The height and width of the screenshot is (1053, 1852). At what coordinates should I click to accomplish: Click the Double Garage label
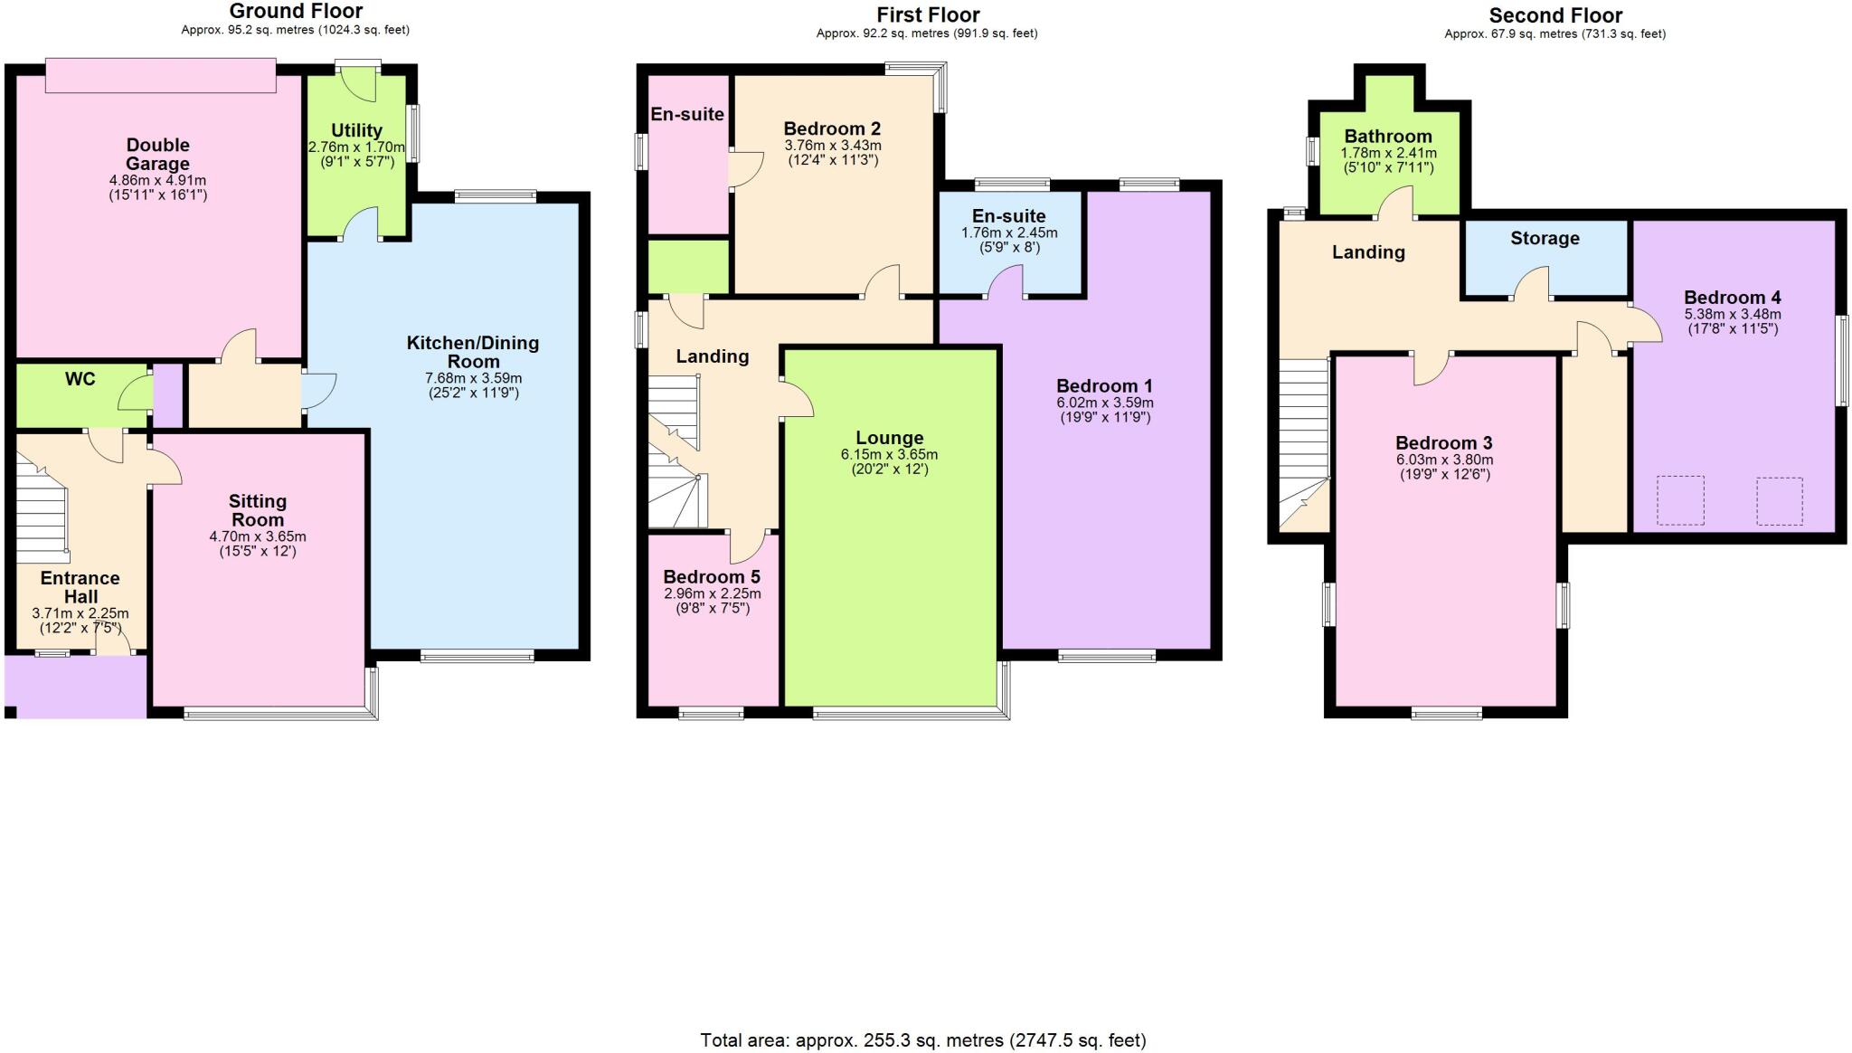tap(157, 154)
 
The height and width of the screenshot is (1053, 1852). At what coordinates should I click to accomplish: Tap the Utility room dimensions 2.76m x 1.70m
tap(356, 147)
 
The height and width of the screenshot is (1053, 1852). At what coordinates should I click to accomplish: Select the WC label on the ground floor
tap(80, 379)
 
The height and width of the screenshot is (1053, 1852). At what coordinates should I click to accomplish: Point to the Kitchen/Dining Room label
tap(472, 352)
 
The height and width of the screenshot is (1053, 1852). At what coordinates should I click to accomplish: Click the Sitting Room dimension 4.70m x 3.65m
tap(258, 536)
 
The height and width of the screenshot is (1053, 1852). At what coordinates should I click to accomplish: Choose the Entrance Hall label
tap(80, 587)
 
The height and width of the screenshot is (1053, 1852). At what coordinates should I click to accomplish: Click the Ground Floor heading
tap(296, 12)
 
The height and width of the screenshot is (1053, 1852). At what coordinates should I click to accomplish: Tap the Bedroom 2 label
tap(832, 128)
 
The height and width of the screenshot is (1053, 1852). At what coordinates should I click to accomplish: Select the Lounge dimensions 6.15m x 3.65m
tap(889, 454)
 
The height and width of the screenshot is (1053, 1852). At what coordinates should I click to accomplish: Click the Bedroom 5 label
tap(712, 577)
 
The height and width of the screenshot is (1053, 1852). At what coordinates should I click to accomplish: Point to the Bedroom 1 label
tap(1104, 386)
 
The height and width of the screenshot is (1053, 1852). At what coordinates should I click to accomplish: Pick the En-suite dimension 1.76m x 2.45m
tap(1008, 232)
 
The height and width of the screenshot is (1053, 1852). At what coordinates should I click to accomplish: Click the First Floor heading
tap(928, 14)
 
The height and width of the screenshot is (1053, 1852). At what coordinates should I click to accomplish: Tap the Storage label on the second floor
tap(1545, 238)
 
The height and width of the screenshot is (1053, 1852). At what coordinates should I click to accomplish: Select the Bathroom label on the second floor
tap(1387, 137)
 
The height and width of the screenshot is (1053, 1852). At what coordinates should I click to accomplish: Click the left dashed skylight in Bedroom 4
tap(1679, 500)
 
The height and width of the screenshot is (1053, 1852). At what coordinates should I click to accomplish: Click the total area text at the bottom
tap(922, 1040)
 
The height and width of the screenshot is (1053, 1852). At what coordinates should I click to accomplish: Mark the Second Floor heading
tap(1555, 15)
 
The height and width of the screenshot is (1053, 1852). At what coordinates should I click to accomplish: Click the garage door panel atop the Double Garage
tap(161, 75)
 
